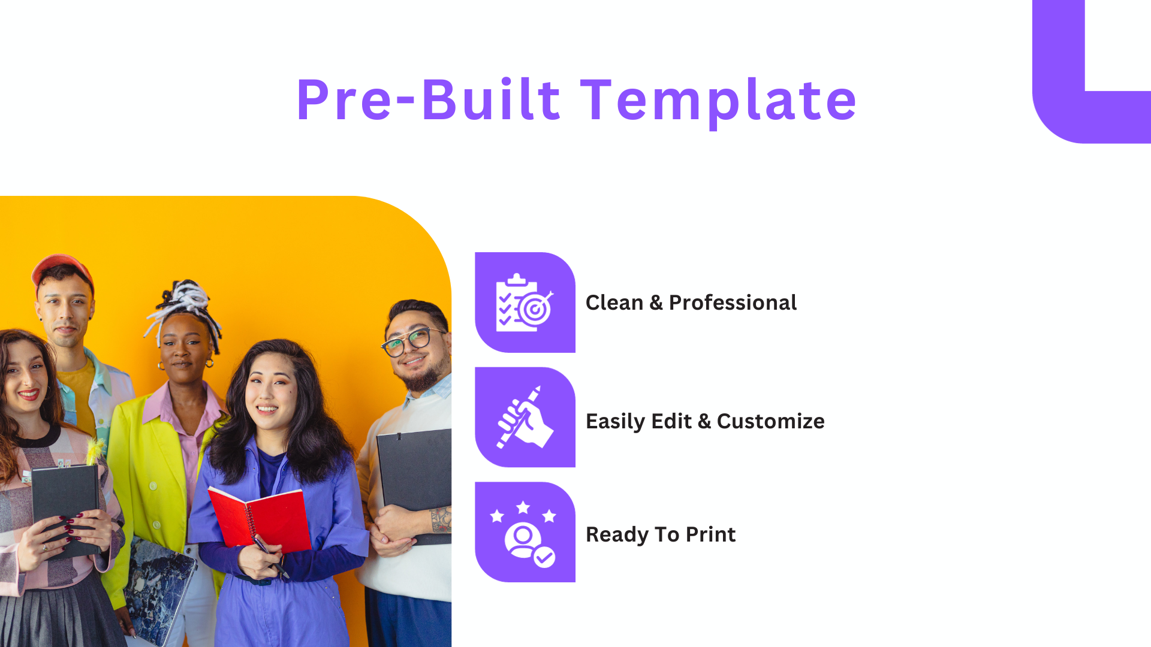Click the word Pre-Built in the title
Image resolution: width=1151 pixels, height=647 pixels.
[x=428, y=100]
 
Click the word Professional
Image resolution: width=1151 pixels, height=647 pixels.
[x=733, y=303]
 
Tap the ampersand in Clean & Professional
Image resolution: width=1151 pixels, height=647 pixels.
[x=656, y=303]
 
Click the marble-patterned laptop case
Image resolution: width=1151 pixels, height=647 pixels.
[x=159, y=590]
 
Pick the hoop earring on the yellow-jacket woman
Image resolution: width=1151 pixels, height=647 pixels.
[x=209, y=363]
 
